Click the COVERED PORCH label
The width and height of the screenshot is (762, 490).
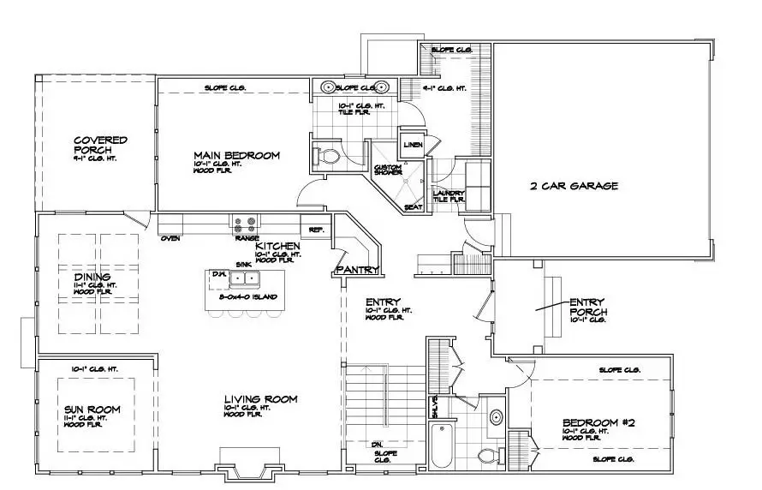100,146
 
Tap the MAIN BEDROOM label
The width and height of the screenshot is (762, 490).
237,155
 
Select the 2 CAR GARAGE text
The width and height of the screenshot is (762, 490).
574,185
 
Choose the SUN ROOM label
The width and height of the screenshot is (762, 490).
92,410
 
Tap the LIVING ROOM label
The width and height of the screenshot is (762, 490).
261,399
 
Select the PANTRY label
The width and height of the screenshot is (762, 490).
358,270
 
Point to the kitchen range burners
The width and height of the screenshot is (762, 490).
243,224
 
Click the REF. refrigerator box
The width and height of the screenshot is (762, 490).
315,230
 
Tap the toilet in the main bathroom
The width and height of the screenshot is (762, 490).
328,156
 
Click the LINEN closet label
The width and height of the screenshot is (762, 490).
414,145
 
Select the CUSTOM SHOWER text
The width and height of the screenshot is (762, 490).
388,170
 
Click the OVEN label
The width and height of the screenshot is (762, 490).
170,238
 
